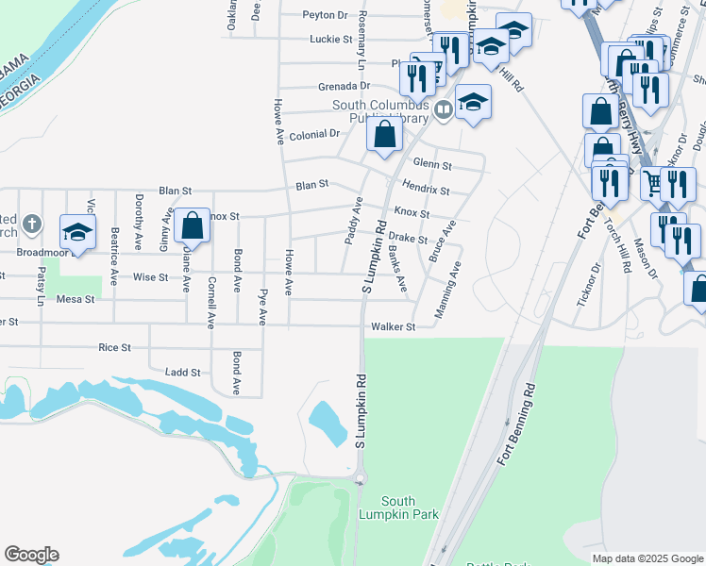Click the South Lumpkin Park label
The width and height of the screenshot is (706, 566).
(412, 508)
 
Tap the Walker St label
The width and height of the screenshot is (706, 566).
(394, 327)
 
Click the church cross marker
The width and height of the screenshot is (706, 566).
(32, 225)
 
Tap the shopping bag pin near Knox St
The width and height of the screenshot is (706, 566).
(192, 226)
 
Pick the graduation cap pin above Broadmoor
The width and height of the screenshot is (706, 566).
(77, 230)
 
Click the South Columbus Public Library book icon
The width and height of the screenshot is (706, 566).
(443, 111)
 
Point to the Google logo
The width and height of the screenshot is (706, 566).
(31, 555)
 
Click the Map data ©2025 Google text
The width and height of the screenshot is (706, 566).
(647, 558)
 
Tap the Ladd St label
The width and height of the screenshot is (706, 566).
(182, 373)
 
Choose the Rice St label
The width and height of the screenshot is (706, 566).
(114, 348)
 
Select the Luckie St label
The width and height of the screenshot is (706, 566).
(330, 40)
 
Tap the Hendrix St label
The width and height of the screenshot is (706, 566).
(425, 189)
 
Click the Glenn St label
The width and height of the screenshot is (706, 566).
(432, 165)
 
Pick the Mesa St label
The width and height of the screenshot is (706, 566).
(76, 299)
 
